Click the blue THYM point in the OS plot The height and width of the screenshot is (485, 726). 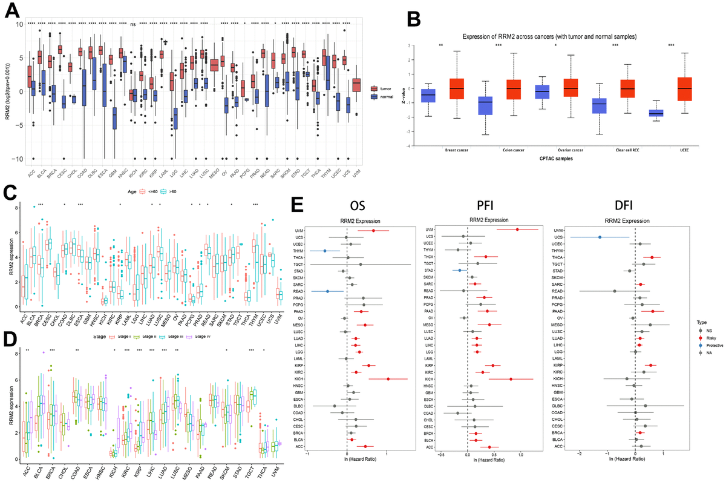tap(325, 250)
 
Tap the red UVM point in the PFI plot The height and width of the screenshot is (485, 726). tap(517, 229)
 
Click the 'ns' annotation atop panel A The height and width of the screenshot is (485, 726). tap(133, 24)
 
